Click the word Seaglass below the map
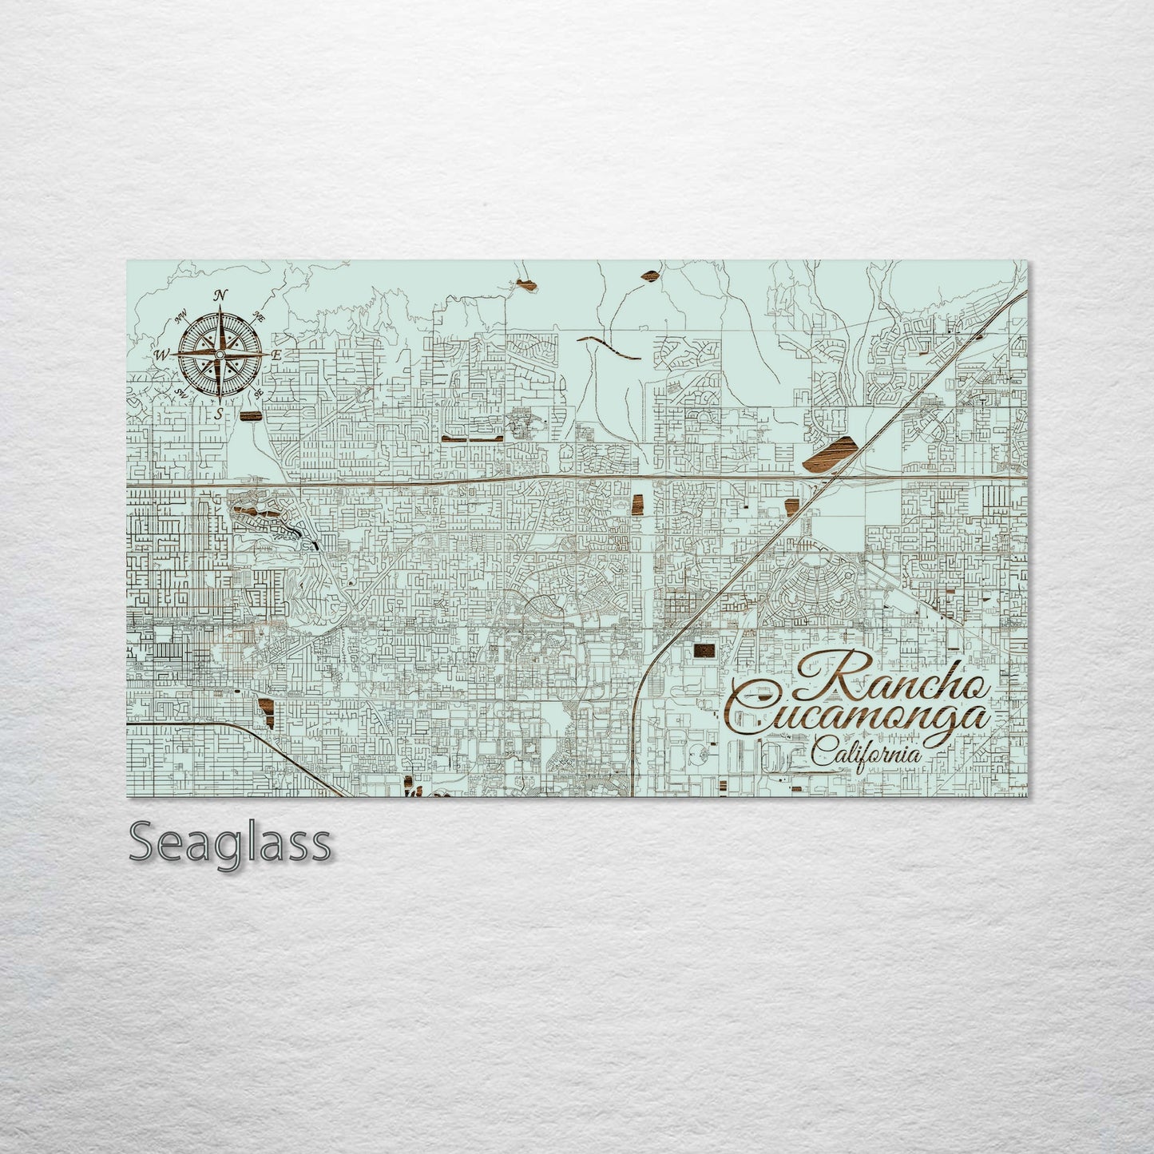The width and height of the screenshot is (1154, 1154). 230,843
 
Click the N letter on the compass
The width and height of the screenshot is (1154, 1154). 220,295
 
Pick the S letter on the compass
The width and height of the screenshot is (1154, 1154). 219,413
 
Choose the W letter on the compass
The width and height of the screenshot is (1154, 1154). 162,355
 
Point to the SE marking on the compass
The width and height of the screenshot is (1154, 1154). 257,393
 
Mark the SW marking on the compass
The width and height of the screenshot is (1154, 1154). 182,394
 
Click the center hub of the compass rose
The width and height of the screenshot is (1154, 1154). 220,354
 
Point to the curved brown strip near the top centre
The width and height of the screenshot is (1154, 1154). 611,346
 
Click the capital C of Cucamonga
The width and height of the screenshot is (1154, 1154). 755,707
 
